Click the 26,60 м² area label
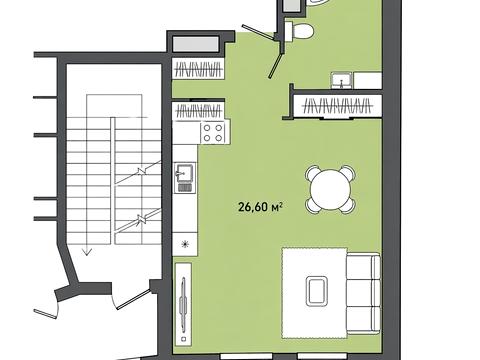[x=261, y=207]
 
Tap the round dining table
[x=331, y=190]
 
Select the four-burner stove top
[x=213, y=133]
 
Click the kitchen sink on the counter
[x=185, y=172]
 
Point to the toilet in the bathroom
[x=299, y=31]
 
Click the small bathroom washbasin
[x=341, y=81]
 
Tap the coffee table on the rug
[x=317, y=292]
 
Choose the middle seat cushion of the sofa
[x=363, y=293]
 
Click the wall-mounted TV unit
[x=183, y=303]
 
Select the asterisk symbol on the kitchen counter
[x=185, y=245]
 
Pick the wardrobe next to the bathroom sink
[x=337, y=106]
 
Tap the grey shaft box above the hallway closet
[x=196, y=44]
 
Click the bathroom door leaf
[x=276, y=66]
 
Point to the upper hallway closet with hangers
[x=199, y=69]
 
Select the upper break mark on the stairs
[x=142, y=171]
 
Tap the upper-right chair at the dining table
[x=348, y=172]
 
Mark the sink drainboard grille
[x=185, y=188]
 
